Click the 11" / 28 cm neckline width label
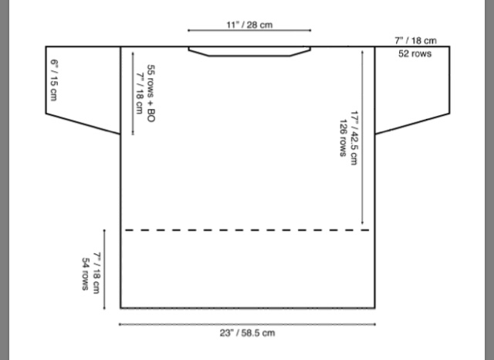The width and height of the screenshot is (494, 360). tap(249, 25)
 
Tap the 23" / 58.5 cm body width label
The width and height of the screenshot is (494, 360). tap(247, 333)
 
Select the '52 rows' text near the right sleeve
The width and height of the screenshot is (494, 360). tap(414, 53)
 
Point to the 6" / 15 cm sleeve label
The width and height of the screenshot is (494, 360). tap(54, 80)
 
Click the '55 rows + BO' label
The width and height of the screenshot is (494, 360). tap(151, 93)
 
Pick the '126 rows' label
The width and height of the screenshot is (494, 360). tap(343, 138)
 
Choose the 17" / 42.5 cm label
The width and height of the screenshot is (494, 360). tap(354, 138)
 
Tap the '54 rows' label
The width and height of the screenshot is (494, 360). tap(85, 274)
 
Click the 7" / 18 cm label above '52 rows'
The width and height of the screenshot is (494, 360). tap(415, 41)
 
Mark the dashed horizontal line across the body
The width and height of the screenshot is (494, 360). tap(247, 230)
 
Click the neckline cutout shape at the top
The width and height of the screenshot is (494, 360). tap(249, 52)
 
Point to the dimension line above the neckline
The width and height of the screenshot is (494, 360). tap(249, 30)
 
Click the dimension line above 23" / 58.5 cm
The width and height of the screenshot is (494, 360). tap(247, 324)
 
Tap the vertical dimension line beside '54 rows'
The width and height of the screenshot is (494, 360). tap(104, 270)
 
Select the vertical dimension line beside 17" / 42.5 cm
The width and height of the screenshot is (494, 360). tap(362, 138)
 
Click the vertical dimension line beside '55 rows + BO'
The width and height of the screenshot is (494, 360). tap(133, 93)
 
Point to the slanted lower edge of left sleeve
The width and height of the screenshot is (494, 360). tap(83, 124)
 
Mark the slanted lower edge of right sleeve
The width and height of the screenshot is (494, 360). tap(412, 124)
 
